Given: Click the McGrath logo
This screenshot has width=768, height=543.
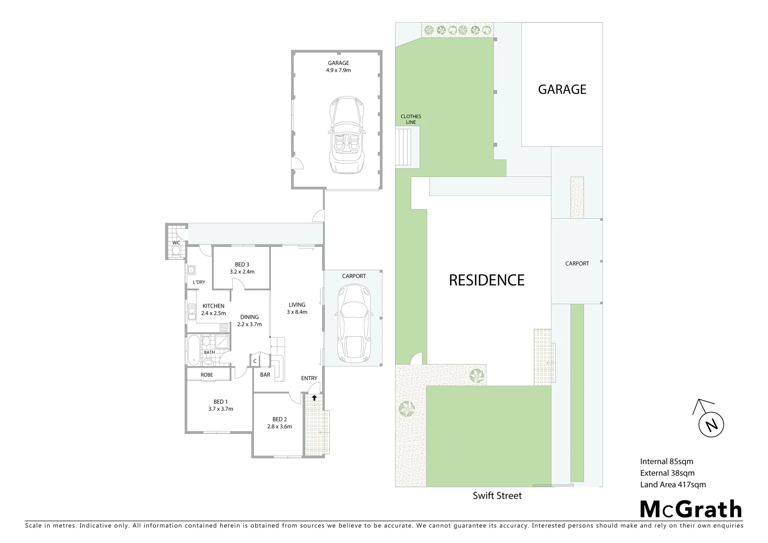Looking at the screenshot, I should point(691,509).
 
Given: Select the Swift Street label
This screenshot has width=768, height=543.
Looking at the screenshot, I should point(497,496).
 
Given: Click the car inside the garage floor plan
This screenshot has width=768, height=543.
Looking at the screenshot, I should point(346,135).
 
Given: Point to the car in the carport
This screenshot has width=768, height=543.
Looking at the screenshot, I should point(354,323).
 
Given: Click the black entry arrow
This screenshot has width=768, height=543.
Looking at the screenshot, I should point(314,398).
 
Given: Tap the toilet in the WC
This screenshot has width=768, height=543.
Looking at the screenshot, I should point(176,251).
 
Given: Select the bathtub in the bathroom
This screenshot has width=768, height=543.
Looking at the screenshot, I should point(194,349).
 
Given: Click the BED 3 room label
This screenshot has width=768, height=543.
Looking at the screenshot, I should point(242,264).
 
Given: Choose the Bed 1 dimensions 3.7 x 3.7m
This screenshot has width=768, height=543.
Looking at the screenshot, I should point(221,409).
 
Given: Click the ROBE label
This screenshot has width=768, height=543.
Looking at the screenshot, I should point(207,375).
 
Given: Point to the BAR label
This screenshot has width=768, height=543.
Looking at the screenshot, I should point(265,375).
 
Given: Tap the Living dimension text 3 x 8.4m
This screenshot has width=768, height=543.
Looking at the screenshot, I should point(297,312).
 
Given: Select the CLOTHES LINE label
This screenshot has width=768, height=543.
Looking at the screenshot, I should point(411,119).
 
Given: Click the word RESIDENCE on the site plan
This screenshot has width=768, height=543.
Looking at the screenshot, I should point(487,280).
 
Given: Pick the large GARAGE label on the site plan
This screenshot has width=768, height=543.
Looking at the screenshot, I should point(562,89).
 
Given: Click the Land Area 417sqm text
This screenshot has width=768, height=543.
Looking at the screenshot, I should point(673,485).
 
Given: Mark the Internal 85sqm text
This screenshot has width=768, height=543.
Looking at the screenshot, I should point(666,462).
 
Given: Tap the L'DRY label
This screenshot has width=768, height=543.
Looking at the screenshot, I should point(199,282).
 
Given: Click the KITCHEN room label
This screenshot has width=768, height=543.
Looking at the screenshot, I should point(214,306).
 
